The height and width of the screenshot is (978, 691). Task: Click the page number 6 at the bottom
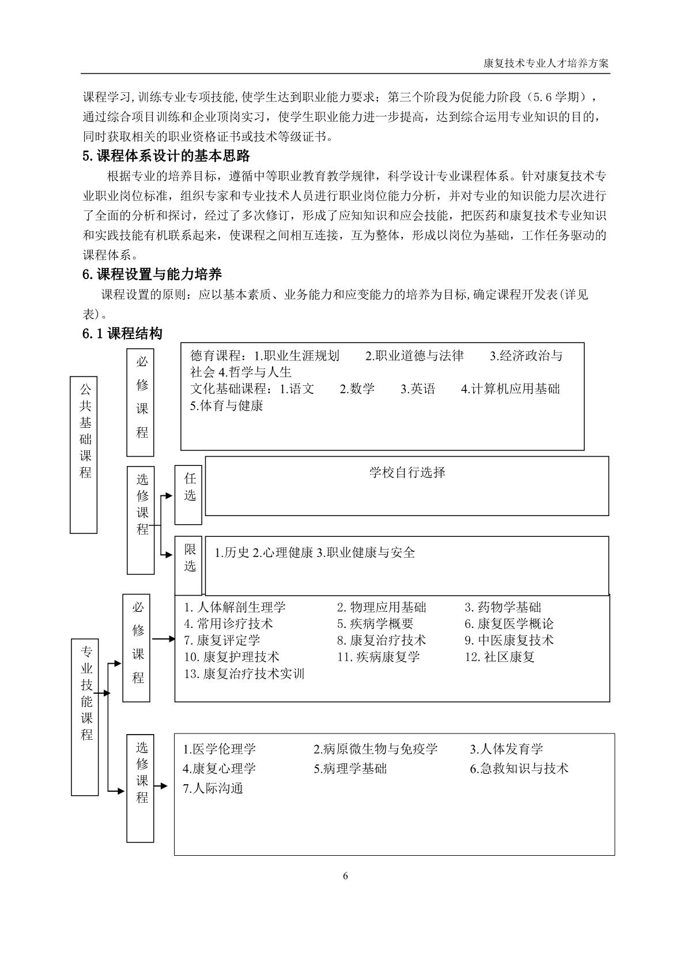point(345,876)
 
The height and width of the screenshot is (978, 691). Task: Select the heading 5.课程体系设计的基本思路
point(166,156)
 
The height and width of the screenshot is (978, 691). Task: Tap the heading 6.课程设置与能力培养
point(152,274)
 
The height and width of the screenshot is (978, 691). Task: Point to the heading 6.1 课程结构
point(122,333)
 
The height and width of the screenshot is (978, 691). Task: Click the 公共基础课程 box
point(84,455)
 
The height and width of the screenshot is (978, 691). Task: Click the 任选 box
point(189,495)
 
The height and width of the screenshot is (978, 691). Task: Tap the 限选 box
point(189,566)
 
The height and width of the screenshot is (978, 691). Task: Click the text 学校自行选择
point(407,473)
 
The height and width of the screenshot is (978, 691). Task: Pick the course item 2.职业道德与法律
point(414,356)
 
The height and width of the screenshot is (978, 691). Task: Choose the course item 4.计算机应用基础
point(510,389)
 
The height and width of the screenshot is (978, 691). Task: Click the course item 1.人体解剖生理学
point(235,607)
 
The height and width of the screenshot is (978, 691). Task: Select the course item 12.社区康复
point(500,657)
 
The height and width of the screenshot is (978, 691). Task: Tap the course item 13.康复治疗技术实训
point(244,674)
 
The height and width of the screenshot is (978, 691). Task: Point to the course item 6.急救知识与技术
point(519,769)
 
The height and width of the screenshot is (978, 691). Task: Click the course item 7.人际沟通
point(213,788)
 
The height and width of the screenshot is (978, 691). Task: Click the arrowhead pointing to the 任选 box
point(169,495)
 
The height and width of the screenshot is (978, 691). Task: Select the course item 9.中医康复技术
point(509,640)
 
